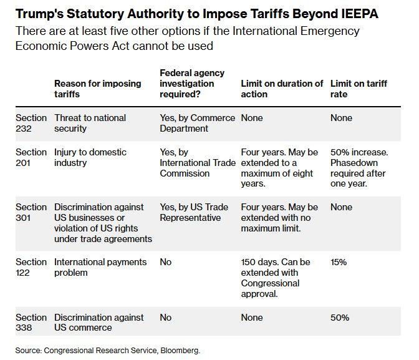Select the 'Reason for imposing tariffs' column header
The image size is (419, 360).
[x=98, y=89]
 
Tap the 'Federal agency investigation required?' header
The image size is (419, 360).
[x=192, y=84]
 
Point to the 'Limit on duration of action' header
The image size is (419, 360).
[x=282, y=89]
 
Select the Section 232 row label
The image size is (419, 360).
[x=31, y=123]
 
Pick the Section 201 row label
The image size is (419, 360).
[x=31, y=157]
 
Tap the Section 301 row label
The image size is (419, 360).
[x=31, y=212]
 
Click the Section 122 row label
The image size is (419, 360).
[x=31, y=267]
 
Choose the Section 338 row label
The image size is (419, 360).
[x=31, y=323]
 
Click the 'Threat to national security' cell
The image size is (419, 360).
[x=90, y=123]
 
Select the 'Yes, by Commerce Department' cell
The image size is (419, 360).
[x=198, y=123]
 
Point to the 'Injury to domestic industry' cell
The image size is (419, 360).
[x=90, y=157]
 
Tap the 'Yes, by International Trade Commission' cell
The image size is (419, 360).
[x=194, y=163]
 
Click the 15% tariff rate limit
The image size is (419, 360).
[x=339, y=262]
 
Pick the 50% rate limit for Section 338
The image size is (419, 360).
[x=340, y=318]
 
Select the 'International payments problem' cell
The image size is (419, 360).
[x=100, y=267]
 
